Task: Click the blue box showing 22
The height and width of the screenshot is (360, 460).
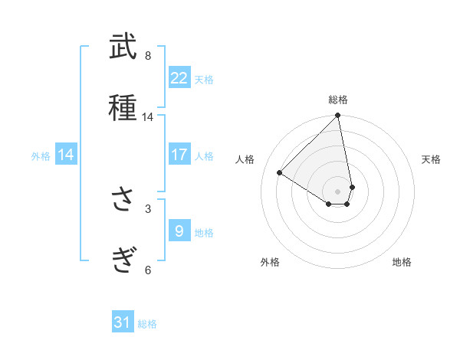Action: [x=179, y=78]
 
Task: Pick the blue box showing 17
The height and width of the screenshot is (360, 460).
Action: [x=179, y=155]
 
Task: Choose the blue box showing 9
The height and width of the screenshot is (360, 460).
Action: [x=179, y=230]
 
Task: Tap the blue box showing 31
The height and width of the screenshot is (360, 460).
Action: [x=123, y=322]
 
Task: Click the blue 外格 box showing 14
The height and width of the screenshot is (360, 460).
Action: [x=66, y=155]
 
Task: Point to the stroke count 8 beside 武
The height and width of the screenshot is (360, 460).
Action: [x=148, y=56]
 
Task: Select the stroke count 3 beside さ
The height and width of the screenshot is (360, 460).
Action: [x=148, y=208]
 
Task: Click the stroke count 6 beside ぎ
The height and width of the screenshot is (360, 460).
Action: [x=148, y=269]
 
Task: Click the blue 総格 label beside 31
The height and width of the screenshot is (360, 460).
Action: [x=147, y=324]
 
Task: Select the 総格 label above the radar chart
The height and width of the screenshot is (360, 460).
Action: [x=338, y=100]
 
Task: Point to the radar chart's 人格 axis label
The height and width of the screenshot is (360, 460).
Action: [x=245, y=159]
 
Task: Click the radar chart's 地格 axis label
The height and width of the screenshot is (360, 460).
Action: [x=402, y=263]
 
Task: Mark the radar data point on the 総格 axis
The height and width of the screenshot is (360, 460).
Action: [x=338, y=116]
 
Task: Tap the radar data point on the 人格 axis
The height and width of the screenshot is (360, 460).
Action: [x=280, y=173]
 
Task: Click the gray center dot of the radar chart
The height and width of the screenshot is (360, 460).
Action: [x=338, y=191]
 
